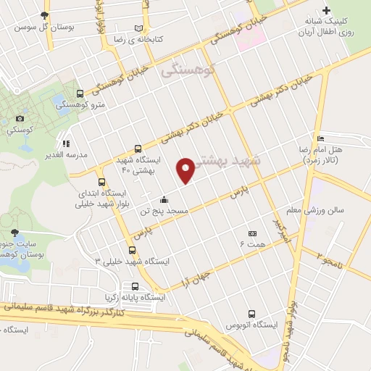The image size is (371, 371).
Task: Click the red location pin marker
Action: [187, 170]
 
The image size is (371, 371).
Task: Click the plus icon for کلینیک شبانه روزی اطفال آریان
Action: [326, 10]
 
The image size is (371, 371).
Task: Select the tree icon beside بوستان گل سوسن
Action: [46, 15]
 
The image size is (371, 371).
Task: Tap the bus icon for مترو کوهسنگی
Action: [79, 94]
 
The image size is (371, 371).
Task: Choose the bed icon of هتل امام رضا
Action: [321, 138]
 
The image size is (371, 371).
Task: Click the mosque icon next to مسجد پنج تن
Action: [164, 201]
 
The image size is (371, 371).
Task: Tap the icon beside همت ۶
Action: [252, 233]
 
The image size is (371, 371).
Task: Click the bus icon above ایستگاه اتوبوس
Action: [251, 314]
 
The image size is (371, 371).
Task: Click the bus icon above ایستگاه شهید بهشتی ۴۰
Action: [138, 147]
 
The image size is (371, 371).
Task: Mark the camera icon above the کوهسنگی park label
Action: [19, 118]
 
